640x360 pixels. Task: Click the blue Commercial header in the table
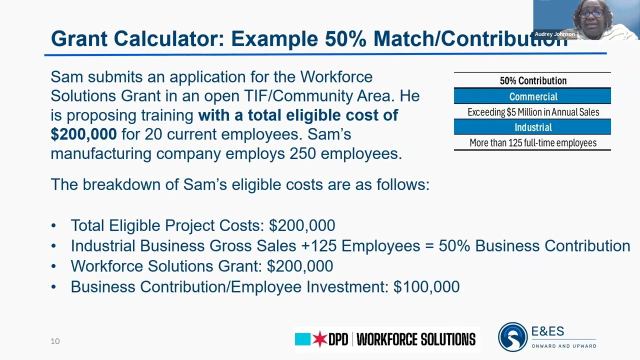pyautogui.click(x=532, y=96)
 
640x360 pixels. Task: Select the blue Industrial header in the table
pyautogui.click(x=532, y=127)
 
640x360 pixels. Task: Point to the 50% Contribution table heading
pyautogui.click(x=532, y=81)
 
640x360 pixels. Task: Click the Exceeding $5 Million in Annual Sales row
pyautogui.click(x=532, y=112)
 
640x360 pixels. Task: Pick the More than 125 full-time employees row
pyautogui.click(x=532, y=143)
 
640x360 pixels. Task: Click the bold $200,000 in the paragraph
pyautogui.click(x=83, y=134)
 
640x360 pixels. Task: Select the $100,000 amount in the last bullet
pyautogui.click(x=426, y=286)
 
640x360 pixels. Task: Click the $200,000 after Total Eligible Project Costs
pyautogui.click(x=302, y=225)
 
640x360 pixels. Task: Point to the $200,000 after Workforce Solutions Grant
pyautogui.click(x=299, y=266)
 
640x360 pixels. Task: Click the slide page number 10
pyautogui.click(x=55, y=341)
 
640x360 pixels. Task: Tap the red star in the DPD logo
pyautogui.click(x=319, y=339)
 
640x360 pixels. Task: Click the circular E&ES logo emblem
pyautogui.click(x=512, y=337)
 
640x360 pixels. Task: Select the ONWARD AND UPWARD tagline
pyautogui.click(x=563, y=346)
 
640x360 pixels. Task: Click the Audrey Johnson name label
pyautogui.click(x=554, y=34)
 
